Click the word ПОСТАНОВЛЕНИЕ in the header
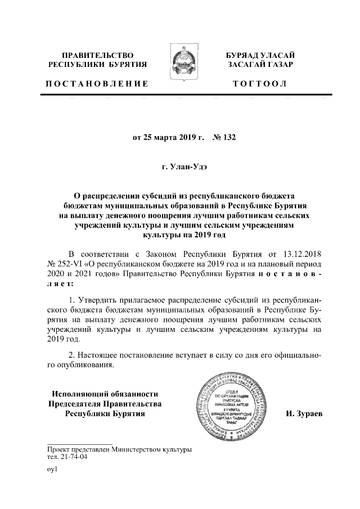(x=97, y=84)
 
